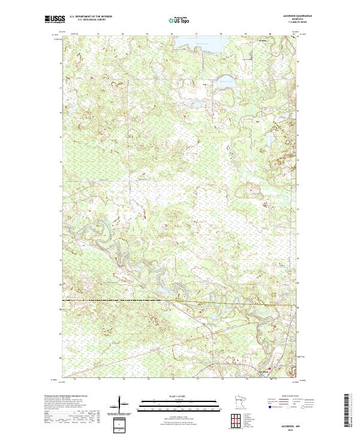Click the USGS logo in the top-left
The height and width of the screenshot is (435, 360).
click(55, 20)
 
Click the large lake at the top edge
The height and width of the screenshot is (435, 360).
click(207, 43)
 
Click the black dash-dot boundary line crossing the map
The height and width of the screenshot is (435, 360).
click(120, 299)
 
